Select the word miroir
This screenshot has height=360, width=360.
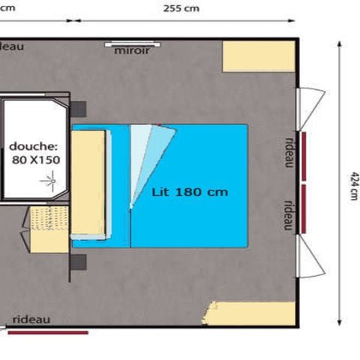click(132, 51)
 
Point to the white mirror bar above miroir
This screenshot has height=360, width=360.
click(131, 43)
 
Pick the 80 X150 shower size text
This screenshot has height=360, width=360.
click(36, 159)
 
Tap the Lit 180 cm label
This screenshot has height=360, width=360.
click(190, 192)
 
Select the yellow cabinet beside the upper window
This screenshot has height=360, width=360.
click(259, 56)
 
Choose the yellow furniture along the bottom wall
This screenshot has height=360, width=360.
click(251, 313)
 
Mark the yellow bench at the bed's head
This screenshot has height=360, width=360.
click(88, 183)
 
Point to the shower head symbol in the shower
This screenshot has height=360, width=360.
click(52, 179)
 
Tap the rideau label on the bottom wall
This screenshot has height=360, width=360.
click(31, 319)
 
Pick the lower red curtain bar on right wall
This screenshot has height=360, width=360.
click(304, 208)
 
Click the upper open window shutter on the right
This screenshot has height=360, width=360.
click(311, 105)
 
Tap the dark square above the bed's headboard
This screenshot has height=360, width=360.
click(79, 109)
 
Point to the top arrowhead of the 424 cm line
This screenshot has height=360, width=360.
click(340, 44)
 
